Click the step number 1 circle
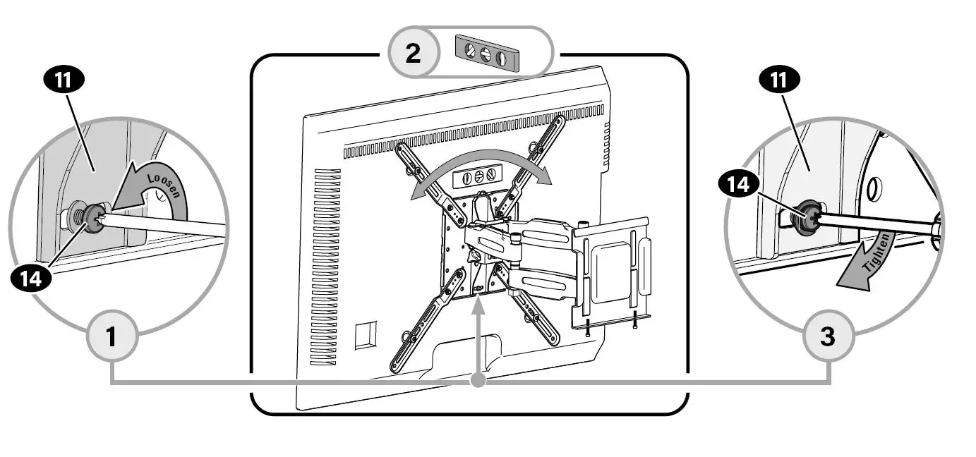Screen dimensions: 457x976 [112, 336]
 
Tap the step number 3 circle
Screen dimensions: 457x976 [829, 336]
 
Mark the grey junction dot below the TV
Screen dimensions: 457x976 [478, 381]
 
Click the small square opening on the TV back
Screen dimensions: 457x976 [366, 335]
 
